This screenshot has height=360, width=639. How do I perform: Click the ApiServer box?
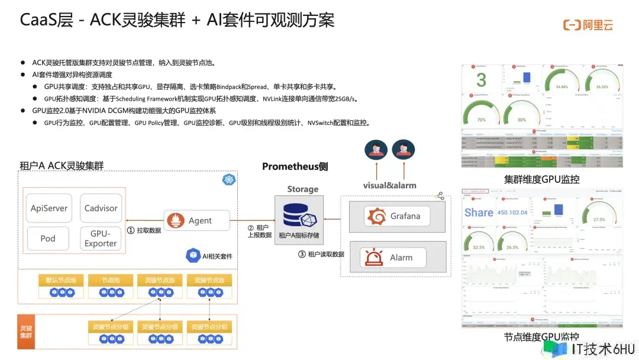click(x=49, y=208)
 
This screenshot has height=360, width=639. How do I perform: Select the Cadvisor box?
click(x=101, y=208)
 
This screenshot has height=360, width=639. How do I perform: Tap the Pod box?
click(x=48, y=238)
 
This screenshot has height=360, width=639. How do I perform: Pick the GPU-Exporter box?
click(x=101, y=238)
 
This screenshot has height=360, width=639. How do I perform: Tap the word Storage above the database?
click(x=303, y=189)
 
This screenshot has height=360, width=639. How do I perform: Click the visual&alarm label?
click(x=389, y=185)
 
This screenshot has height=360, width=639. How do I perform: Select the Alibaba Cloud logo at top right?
click(x=588, y=25)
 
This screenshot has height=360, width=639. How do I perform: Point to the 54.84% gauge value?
click(x=561, y=86)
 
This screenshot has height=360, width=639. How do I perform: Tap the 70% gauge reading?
click(x=481, y=119)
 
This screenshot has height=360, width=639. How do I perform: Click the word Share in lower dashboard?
click(x=479, y=213)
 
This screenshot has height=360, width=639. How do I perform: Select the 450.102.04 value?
click(x=512, y=213)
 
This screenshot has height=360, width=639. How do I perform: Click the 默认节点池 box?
click(x=61, y=280)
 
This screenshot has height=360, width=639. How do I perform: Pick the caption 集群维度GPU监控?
click(x=541, y=179)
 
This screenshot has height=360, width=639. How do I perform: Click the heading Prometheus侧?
click(x=295, y=167)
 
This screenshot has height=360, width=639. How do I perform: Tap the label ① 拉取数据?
click(x=144, y=230)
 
